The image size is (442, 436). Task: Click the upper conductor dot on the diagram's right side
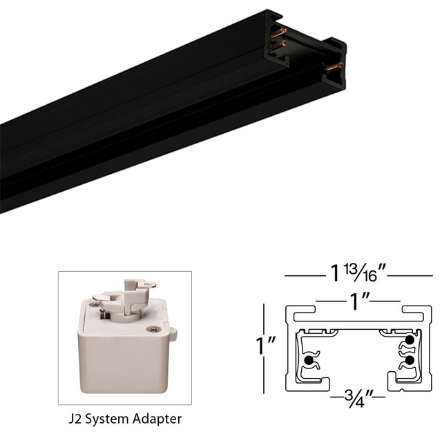410,340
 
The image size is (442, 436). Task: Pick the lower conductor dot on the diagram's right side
410,360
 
